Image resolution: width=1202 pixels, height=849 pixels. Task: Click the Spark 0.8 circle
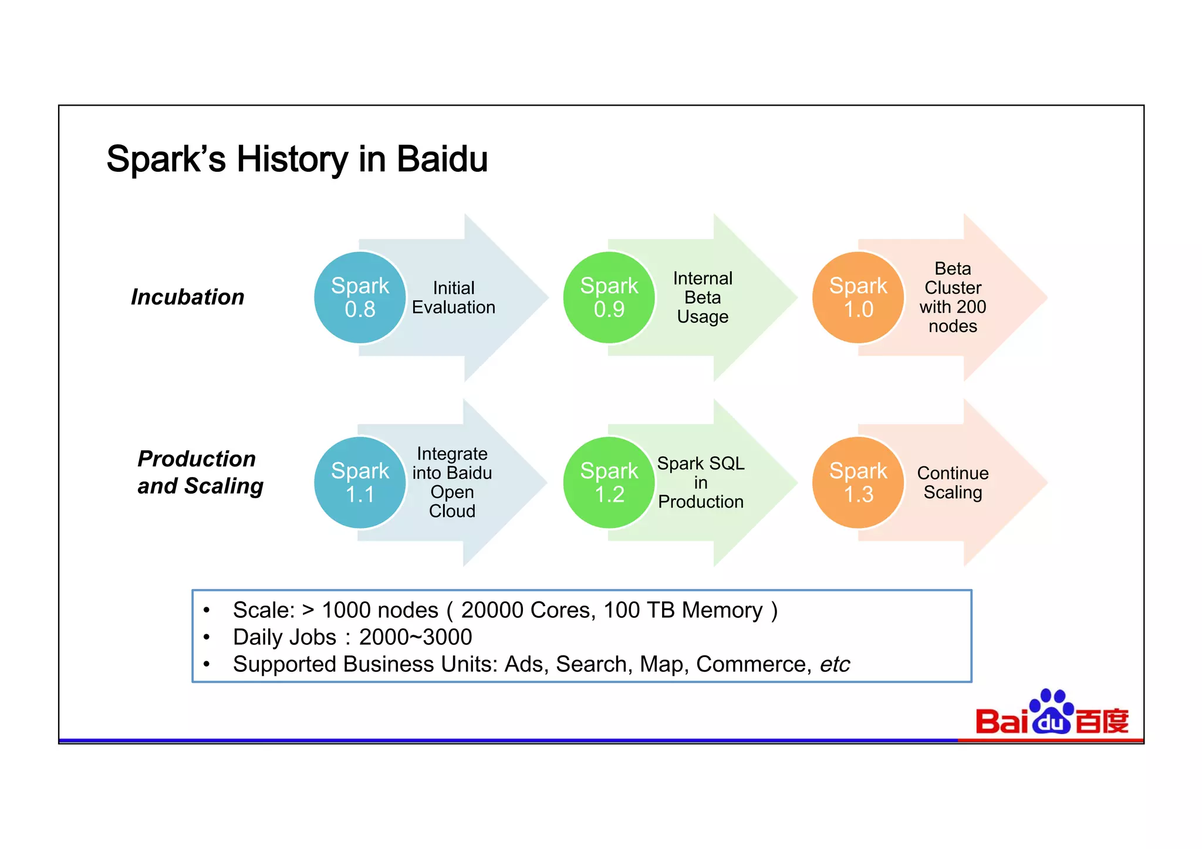coord(360,297)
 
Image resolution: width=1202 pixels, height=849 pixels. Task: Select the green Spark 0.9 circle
coord(609,297)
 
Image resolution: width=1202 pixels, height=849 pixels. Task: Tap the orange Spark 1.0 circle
coord(858,297)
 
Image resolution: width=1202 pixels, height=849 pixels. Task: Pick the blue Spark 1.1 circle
coord(360,482)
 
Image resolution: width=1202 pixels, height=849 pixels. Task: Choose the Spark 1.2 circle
coord(609,482)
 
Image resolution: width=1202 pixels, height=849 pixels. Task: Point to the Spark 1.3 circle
coord(858,482)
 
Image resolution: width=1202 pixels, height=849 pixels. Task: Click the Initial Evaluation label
coord(453,297)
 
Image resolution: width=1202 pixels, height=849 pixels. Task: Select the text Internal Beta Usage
coord(702,297)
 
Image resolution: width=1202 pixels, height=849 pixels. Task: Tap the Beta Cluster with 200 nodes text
coord(952,297)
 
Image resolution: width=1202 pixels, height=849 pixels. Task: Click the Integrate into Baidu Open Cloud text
coord(452,482)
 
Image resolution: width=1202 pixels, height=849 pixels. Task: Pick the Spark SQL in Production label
coord(700,482)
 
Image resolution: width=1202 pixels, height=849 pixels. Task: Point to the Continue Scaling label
coord(952,482)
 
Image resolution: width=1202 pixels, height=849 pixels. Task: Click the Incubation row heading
coord(187,297)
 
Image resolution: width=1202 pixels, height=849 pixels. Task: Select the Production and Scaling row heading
coord(200,472)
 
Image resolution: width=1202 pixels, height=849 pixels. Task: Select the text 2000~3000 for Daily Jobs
coord(415,637)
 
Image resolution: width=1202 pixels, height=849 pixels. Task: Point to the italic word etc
coord(834,664)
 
